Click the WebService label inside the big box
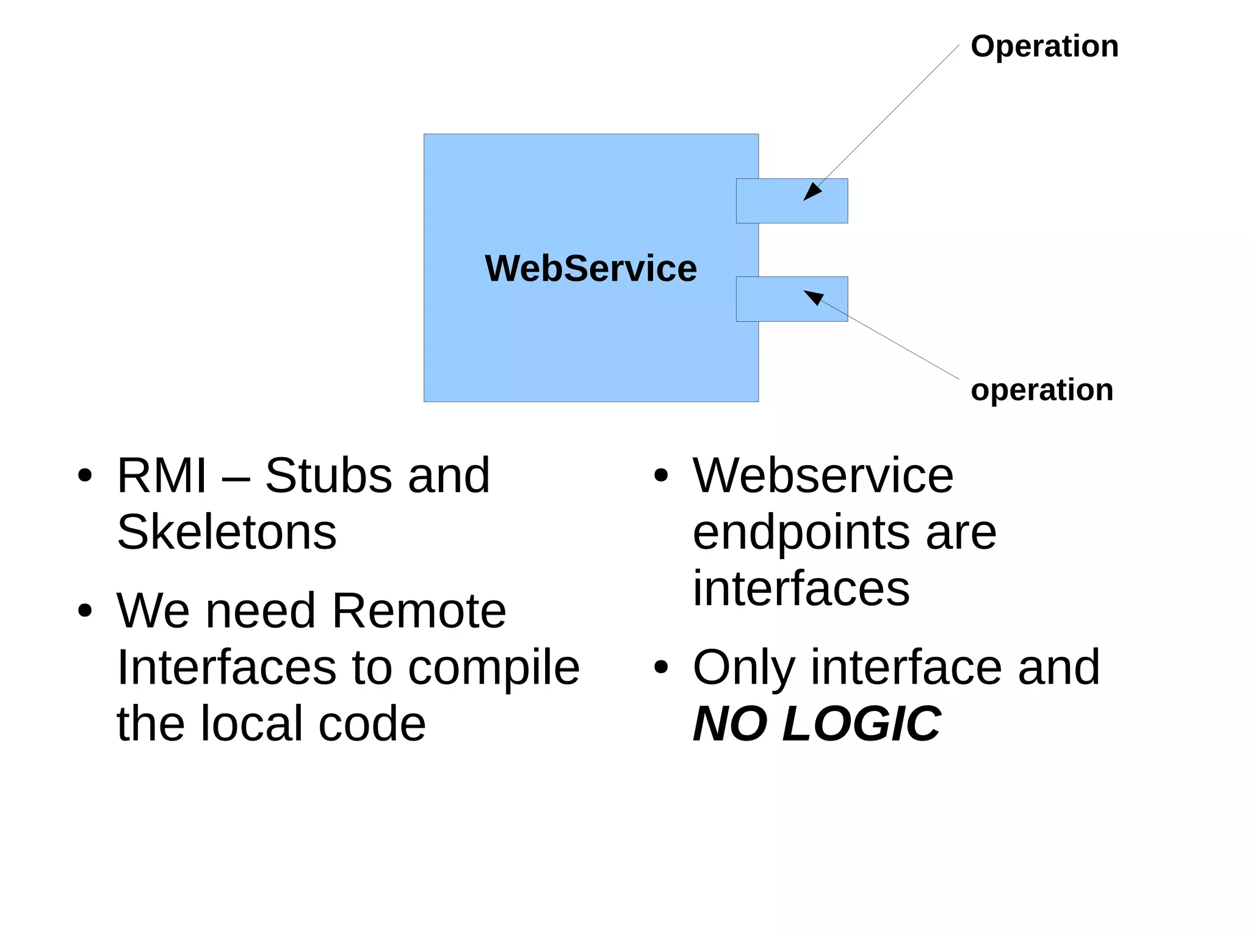[x=590, y=268]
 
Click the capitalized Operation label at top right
[x=1044, y=47]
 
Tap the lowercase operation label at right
[x=1041, y=391]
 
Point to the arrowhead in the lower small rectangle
[x=813, y=297]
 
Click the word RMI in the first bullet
[x=162, y=476]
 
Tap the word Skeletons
[x=226, y=532]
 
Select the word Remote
[x=419, y=610]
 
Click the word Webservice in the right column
[x=822, y=476]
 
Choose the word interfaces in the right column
[x=801, y=588]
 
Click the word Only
[x=743, y=668]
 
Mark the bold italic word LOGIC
[x=861, y=724]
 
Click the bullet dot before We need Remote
[x=85, y=610]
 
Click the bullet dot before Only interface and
[x=661, y=667]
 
